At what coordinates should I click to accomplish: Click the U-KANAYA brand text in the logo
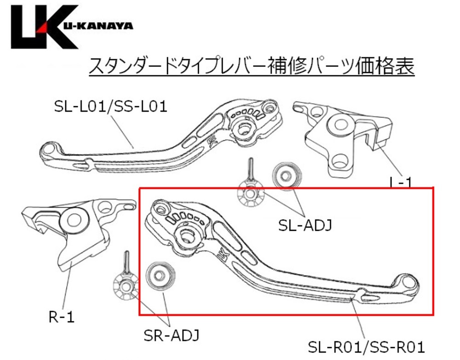click(98, 26)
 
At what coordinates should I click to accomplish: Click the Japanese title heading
click(252, 66)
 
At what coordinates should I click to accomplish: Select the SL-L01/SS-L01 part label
click(110, 106)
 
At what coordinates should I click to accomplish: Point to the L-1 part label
click(401, 183)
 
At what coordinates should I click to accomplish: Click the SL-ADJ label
click(305, 225)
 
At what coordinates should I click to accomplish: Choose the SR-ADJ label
click(171, 335)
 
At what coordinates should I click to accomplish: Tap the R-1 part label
click(61, 317)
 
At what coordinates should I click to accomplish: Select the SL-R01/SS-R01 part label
click(367, 347)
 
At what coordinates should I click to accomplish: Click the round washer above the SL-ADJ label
click(287, 176)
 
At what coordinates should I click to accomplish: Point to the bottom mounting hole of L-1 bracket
click(340, 160)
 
